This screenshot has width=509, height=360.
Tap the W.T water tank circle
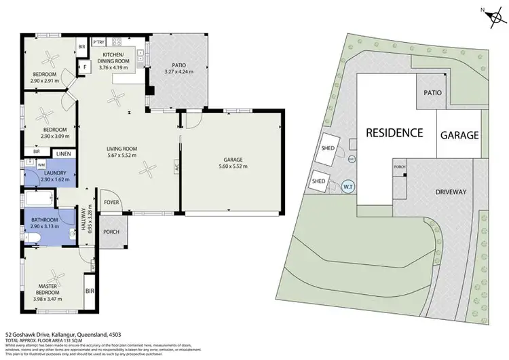point(348,185)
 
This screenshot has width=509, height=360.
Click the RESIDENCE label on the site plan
point(394,132)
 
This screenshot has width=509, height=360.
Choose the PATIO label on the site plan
point(433,92)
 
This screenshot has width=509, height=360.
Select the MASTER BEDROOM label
point(47,289)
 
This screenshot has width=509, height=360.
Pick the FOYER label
point(111,202)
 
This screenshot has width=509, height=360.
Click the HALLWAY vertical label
point(86,219)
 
